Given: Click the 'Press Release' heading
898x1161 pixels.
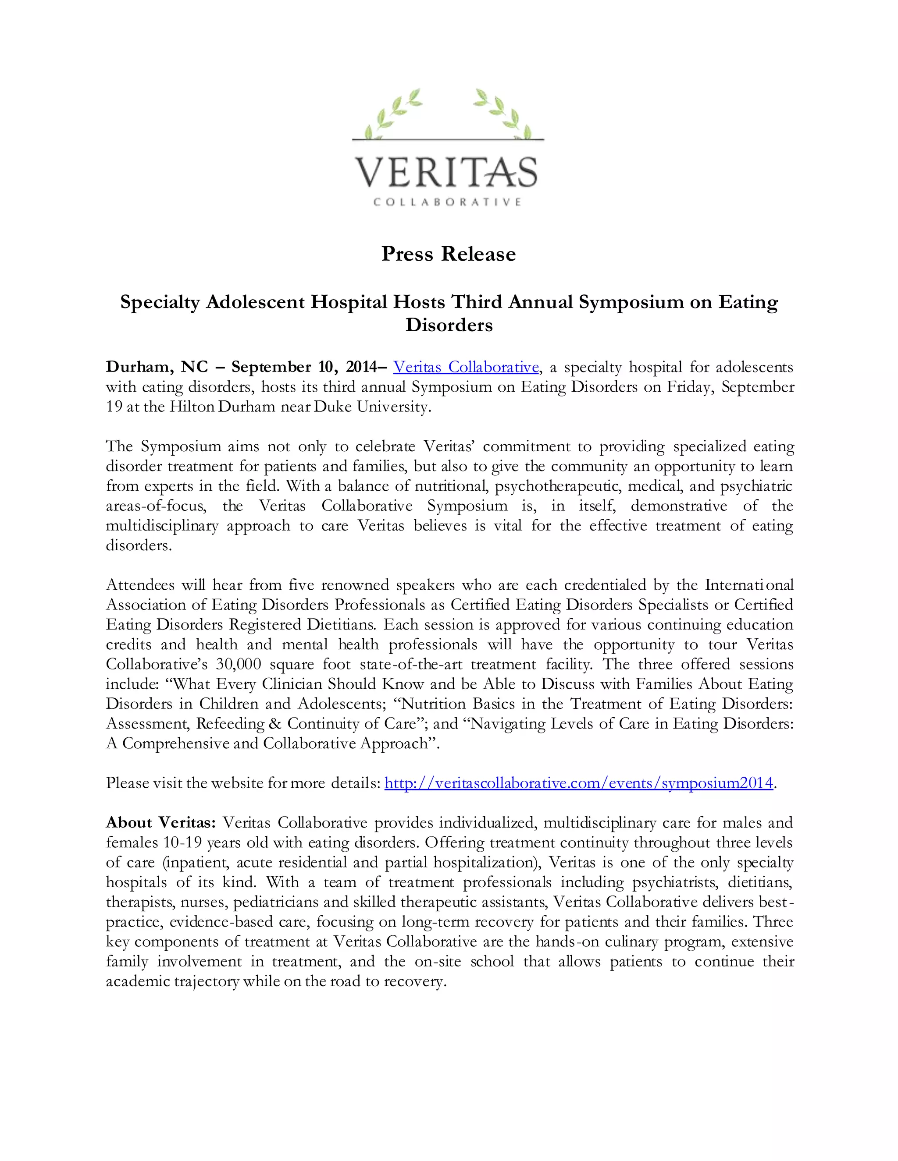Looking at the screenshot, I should click(x=449, y=254).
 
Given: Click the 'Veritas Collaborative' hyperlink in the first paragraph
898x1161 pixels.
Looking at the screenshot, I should click(x=466, y=367).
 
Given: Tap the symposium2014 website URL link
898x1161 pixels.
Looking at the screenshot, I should click(x=578, y=783).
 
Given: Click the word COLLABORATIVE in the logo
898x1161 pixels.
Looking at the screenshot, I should click(x=447, y=202).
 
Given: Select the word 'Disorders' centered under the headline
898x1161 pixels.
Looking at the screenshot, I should click(x=449, y=325).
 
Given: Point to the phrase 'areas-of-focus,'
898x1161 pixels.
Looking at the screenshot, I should click(x=156, y=506).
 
